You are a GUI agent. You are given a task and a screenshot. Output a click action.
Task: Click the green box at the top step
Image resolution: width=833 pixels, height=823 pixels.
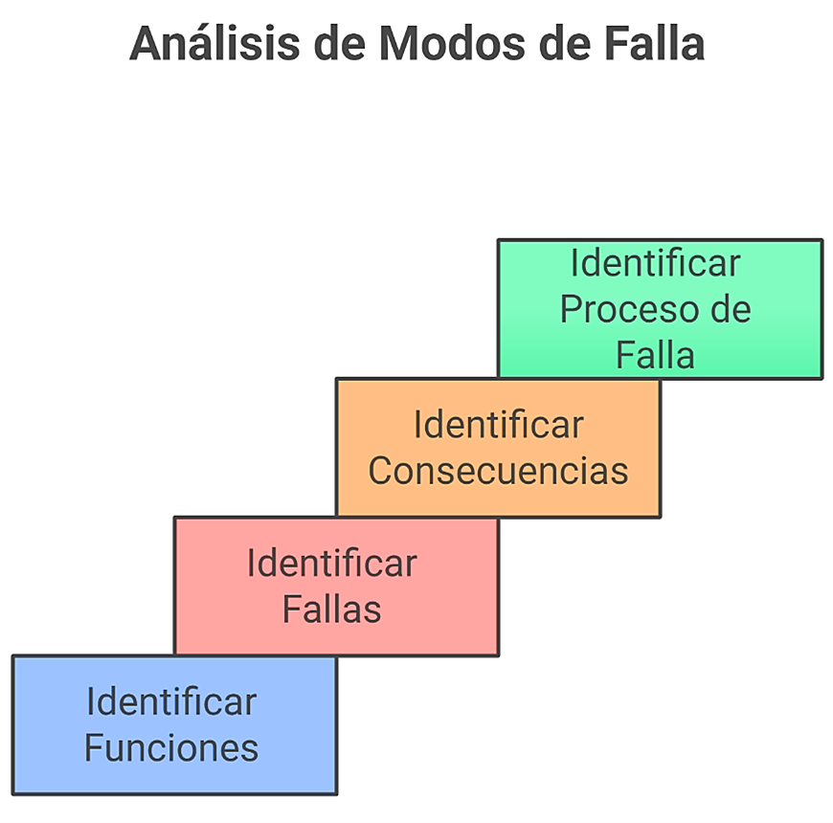[x=660, y=308]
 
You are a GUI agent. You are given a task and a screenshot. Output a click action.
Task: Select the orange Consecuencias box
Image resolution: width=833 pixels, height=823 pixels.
[x=498, y=447]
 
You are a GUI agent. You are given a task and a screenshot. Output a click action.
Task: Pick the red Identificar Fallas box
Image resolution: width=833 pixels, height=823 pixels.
[x=336, y=586]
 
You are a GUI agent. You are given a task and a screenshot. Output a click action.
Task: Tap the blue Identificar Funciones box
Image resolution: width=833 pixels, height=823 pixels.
[x=174, y=724]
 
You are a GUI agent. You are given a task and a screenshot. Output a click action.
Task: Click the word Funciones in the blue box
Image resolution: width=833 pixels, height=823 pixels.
[x=171, y=747]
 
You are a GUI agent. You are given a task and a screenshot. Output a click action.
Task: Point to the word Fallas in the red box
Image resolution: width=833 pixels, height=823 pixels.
[x=331, y=609]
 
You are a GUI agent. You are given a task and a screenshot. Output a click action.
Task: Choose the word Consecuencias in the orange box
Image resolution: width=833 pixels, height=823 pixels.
[x=498, y=471]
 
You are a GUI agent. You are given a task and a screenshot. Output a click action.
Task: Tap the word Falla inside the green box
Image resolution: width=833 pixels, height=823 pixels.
[x=655, y=355]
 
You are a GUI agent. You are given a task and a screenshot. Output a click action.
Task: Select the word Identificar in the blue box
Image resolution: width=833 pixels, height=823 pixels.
[x=171, y=701]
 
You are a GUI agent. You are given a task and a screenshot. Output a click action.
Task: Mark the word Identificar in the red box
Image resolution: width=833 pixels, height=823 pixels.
[x=331, y=563]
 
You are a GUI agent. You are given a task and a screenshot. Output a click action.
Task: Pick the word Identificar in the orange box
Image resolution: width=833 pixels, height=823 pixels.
[x=498, y=424]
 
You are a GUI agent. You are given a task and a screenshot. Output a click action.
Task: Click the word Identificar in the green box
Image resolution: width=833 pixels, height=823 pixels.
[x=655, y=262]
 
